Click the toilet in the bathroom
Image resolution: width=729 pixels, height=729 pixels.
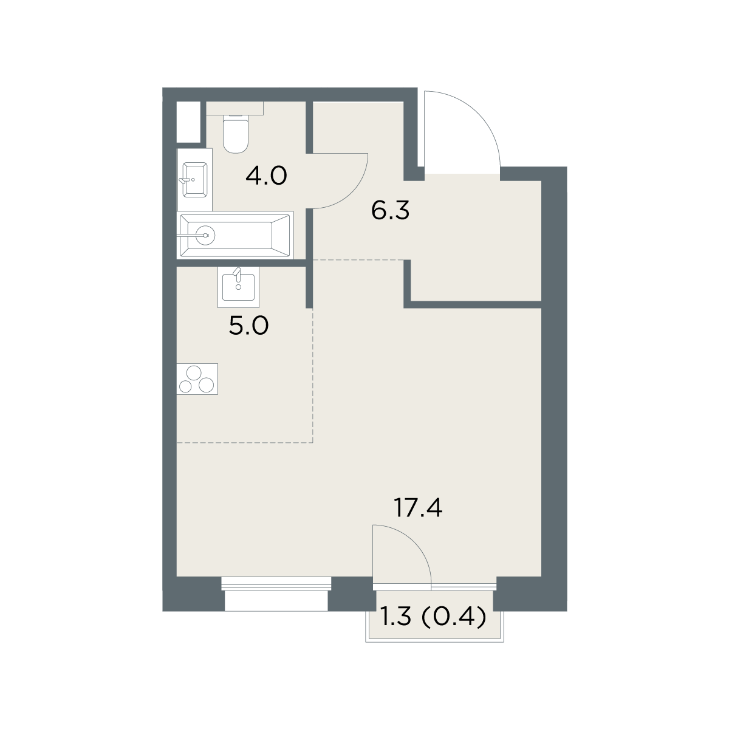(235, 134)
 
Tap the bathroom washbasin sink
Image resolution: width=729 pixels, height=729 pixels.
(195, 180)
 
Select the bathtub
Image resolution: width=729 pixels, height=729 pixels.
(235, 235)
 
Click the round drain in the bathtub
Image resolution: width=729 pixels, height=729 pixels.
(207, 235)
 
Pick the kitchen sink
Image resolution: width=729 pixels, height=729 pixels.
(238, 287)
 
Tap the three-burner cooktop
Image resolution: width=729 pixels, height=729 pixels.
(197, 379)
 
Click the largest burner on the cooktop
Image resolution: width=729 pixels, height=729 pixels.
(194, 374)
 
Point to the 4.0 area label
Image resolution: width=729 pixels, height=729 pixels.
(266, 176)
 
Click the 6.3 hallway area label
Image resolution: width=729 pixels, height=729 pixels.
(391, 211)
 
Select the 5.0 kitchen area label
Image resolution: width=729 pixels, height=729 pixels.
(248, 326)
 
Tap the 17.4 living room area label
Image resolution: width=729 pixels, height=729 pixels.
(418, 508)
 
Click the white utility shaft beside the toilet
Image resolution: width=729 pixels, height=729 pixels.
(188, 122)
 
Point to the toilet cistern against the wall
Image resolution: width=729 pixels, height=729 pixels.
(234, 108)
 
